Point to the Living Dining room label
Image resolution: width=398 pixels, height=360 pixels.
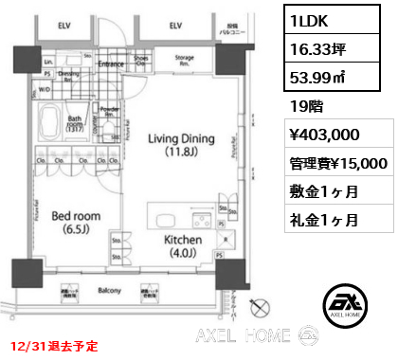pos(175,143)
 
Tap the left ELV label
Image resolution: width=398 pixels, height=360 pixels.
pos(64,27)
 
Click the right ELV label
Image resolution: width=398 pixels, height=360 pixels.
pos(177,27)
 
